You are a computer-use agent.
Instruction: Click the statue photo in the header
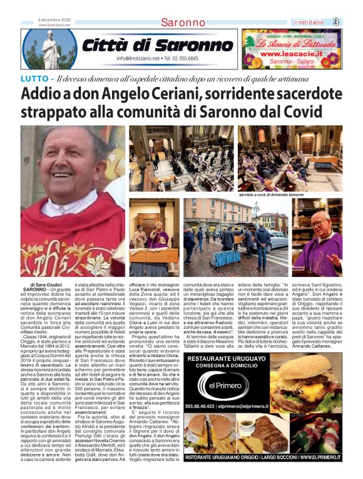[x=48, y=49]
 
